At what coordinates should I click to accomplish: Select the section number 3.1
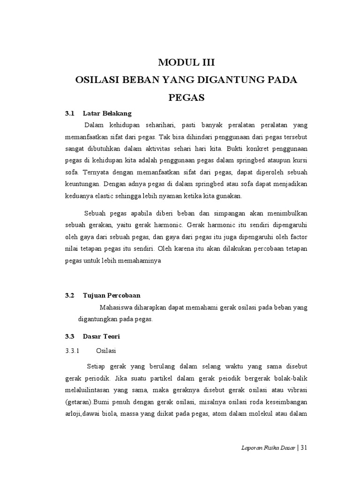pos(70,113)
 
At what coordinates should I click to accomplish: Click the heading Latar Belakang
pos(107,113)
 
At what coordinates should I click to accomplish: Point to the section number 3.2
pos(70,295)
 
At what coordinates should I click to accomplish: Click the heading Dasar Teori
pos(102,336)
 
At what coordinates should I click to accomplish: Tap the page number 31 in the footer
pos(304,448)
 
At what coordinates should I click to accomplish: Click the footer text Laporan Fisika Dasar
pos(266,448)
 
